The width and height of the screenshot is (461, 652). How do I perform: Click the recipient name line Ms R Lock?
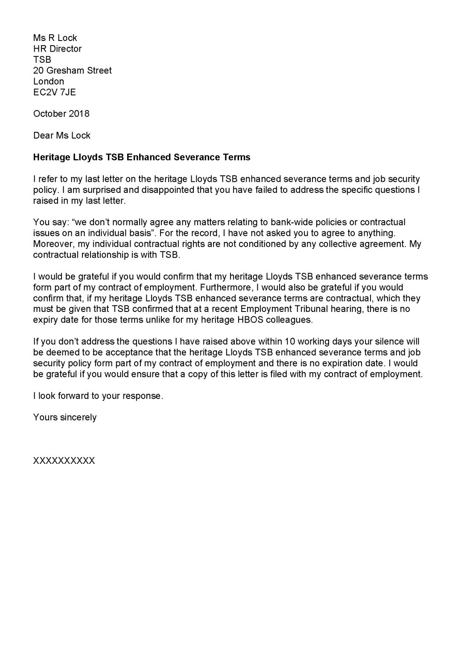pos(55,38)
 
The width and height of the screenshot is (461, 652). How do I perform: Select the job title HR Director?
pos(57,49)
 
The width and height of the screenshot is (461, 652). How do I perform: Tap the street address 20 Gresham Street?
pos(72,70)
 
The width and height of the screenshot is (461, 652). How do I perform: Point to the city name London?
pos(49,81)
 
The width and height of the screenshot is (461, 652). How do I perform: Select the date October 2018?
pos(61,114)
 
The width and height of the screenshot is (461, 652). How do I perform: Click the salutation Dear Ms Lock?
pos(62,135)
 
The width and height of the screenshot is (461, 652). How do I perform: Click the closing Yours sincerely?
pos(65,417)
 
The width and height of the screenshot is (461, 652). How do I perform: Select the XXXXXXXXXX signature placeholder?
pos(64,461)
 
